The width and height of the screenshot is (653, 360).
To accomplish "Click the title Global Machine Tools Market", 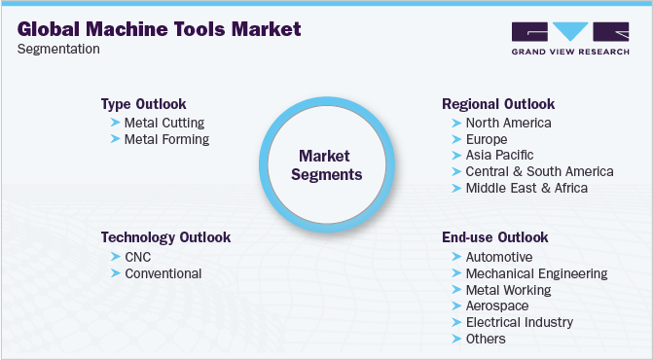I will pos(160,29).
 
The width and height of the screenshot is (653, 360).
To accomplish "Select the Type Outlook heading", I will pos(143,103).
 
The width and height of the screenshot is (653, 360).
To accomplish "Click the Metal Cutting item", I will pos(164,123).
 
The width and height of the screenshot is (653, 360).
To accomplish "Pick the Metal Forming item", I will pos(166,139).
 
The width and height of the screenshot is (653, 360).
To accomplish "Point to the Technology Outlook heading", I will pos(165,237).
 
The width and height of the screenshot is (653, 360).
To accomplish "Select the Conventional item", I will pos(163,273).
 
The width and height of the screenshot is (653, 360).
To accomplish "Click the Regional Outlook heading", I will pos(497,103).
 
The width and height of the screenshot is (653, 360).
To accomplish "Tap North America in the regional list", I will pos(508,123).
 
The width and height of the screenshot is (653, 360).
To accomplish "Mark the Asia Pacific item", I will pos(500,155).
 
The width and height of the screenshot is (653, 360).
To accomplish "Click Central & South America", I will pos(539,171).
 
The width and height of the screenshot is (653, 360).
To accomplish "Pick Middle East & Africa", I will pos(526,188).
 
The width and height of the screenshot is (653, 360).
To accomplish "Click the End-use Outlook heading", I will pos(494,237).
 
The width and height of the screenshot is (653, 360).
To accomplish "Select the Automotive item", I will pos(499,257).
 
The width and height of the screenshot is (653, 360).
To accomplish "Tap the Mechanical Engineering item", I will pos(536,273).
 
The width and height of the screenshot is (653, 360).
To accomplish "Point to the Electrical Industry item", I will pos(519,322).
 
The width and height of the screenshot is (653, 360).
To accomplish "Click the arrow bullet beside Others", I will pos(456,339).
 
